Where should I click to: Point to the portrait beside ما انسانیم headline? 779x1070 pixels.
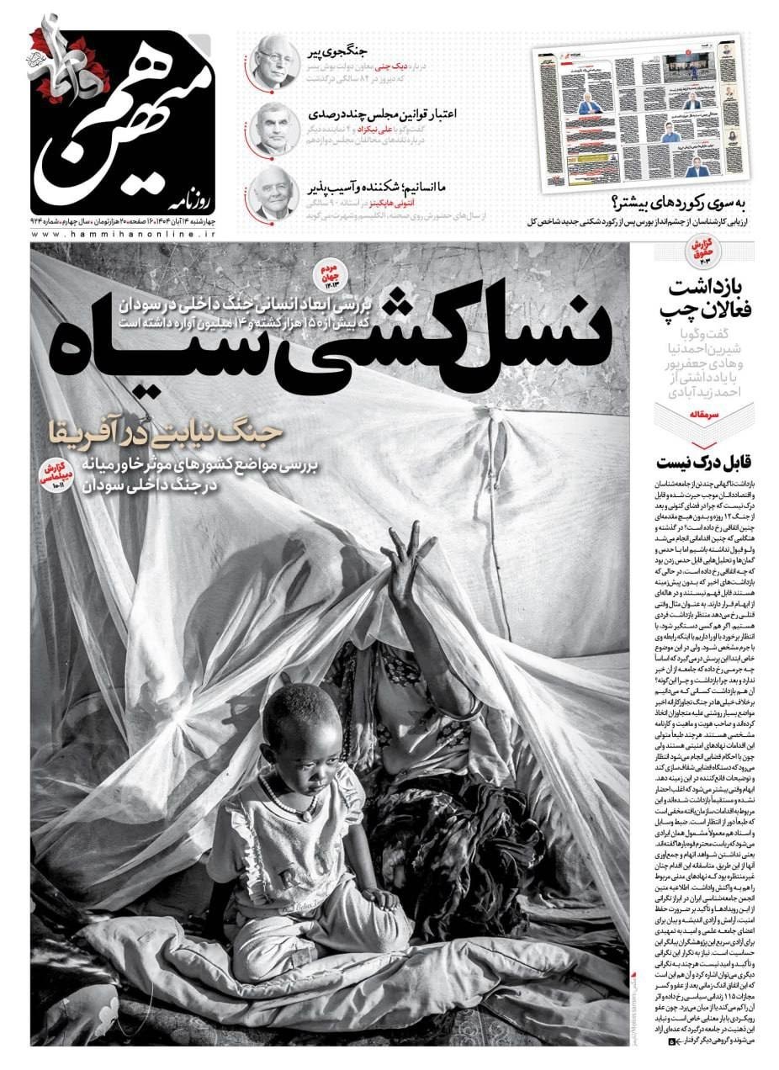click(273, 196)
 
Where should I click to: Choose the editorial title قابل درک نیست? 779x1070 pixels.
click(706, 462)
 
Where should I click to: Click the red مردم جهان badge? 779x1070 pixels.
click(329, 274)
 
